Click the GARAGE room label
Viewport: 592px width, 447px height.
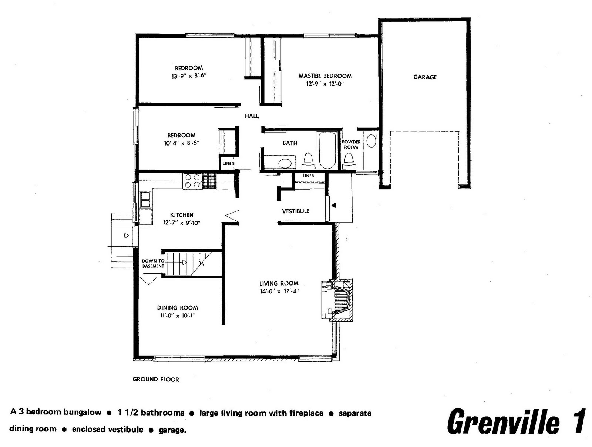point(425,77)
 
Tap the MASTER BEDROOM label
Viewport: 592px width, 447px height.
point(325,76)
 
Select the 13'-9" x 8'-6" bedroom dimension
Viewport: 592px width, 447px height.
point(189,76)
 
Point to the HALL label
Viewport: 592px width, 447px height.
point(252,116)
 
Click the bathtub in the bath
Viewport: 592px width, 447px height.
point(327,150)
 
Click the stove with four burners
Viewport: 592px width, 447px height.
point(193,181)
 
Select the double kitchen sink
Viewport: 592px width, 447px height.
point(146,200)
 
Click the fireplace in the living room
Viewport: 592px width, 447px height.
point(337,300)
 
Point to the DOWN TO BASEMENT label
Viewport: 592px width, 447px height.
point(153,263)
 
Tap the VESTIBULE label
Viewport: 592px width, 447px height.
point(296,211)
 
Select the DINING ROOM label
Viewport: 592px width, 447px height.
point(178,308)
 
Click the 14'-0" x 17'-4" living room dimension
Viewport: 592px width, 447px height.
point(279,291)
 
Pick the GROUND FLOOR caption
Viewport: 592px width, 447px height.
point(156,380)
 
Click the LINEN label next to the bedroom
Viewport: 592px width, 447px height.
point(228,164)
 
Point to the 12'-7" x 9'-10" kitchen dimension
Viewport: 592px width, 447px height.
point(182,223)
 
